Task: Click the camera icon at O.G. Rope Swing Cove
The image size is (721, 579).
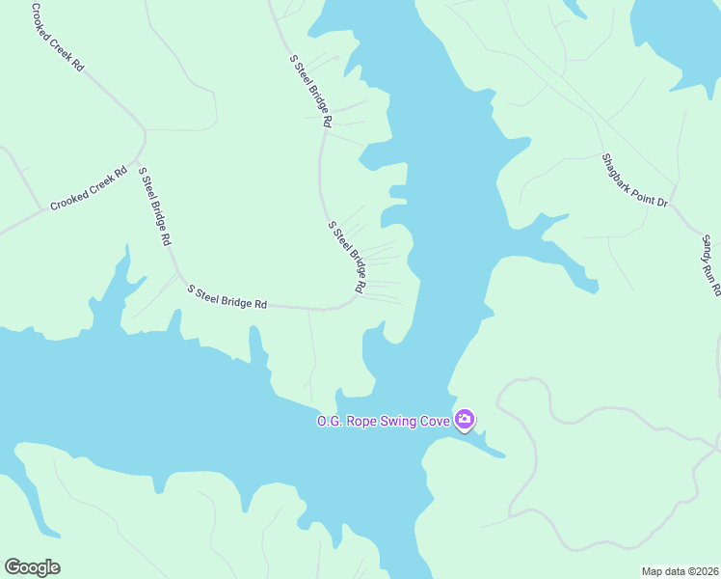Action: point(466,420)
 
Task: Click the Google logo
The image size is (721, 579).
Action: point(32,567)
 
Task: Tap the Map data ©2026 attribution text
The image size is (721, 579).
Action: point(680,571)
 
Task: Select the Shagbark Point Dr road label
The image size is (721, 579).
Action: point(634,180)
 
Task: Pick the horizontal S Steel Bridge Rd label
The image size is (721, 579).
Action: point(227,296)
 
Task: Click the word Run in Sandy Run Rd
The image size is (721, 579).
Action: point(711,269)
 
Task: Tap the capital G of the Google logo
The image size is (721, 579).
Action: point(13,567)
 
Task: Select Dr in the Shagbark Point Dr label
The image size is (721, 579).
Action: point(662,203)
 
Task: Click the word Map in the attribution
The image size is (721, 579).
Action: point(653,571)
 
